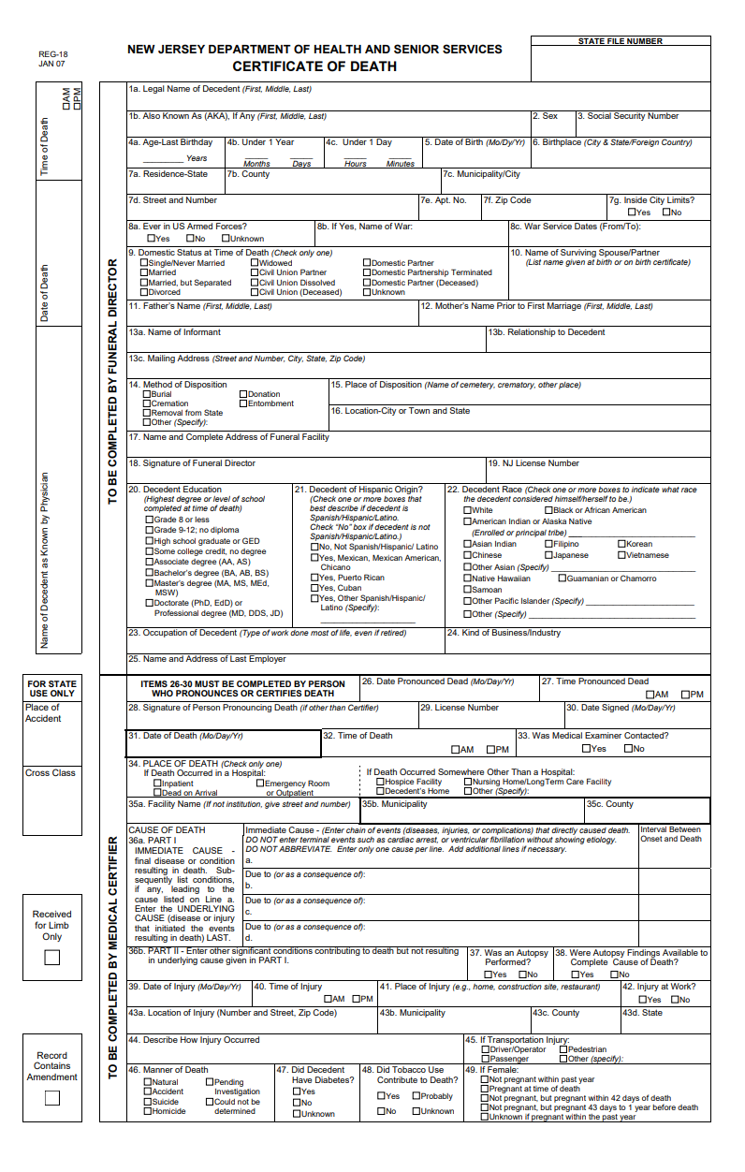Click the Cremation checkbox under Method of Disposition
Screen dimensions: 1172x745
[147, 403]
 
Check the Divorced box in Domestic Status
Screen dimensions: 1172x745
[145, 292]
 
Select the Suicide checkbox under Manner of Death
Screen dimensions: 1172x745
[147, 1102]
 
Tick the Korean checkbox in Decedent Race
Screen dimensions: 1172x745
[621, 544]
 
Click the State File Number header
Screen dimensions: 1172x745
[620, 41]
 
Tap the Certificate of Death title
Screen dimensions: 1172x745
[314, 66]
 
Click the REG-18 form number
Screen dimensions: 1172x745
[52, 54]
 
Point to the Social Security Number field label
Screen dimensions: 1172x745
[628, 116]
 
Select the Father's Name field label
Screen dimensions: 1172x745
[200, 306]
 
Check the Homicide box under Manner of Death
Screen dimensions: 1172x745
[147, 1111]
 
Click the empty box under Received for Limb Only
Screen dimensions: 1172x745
[52, 958]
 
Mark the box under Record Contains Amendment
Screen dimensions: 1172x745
[52, 1098]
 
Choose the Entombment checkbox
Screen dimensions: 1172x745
[243, 403]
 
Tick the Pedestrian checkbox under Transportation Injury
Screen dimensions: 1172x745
[563, 1049]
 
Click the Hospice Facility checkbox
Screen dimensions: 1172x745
[380, 782]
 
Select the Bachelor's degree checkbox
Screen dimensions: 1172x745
[149, 573]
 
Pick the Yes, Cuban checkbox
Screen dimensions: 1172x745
[314, 588]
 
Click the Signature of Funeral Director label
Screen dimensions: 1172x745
[192, 463]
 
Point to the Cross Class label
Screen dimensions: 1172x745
[51, 773]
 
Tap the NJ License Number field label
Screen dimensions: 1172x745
[533, 463]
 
